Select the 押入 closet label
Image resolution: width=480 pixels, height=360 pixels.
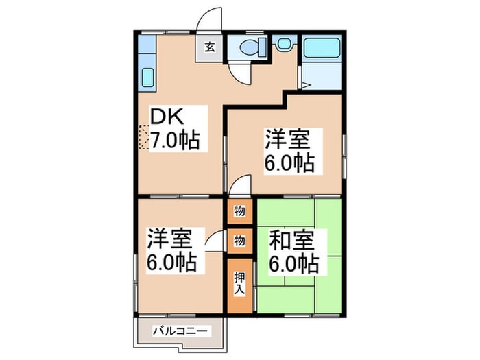click(239, 283)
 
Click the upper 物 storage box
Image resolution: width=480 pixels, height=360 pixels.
click(239, 211)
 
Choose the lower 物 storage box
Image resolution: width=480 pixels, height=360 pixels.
click(239, 241)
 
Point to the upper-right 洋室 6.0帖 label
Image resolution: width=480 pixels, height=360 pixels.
click(289, 152)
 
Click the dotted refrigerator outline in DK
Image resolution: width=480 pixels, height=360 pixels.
click(143, 137)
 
